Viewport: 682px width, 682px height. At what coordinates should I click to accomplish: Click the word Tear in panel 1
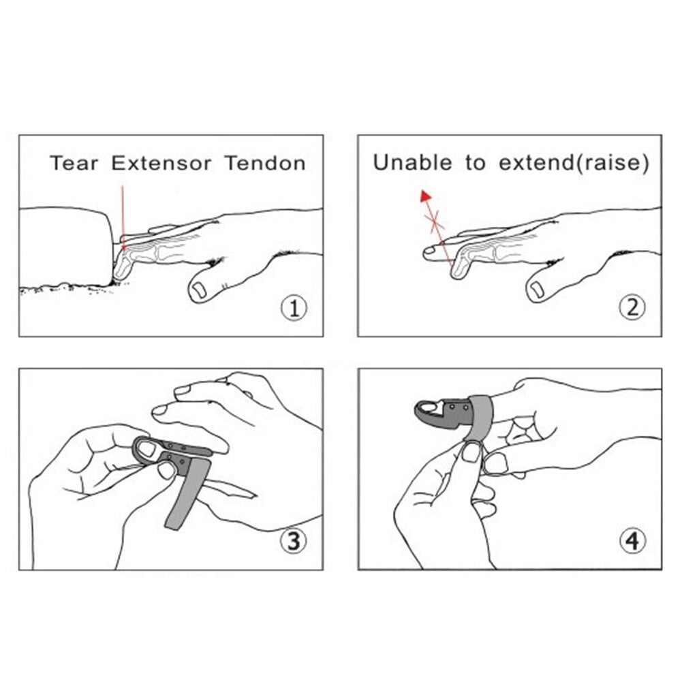pyautogui.click(x=74, y=163)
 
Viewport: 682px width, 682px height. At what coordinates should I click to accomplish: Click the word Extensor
pyautogui.click(x=161, y=163)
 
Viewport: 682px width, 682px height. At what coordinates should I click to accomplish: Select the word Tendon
pyautogui.click(x=265, y=163)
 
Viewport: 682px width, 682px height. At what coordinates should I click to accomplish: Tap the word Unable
pyautogui.click(x=412, y=163)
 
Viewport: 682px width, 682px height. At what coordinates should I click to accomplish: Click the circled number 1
pyautogui.click(x=294, y=309)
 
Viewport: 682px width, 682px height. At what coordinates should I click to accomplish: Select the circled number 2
pyautogui.click(x=632, y=307)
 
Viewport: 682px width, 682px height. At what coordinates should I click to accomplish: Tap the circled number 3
pyautogui.click(x=294, y=541)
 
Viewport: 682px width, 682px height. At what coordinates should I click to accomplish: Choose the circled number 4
pyautogui.click(x=632, y=541)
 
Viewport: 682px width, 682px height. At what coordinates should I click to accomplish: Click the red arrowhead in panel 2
pyautogui.click(x=425, y=197)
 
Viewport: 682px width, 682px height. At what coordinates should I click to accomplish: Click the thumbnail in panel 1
pyautogui.click(x=199, y=290)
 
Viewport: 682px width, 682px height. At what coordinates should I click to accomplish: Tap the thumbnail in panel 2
pyautogui.click(x=537, y=290)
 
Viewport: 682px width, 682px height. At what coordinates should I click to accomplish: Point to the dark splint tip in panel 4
pyautogui.click(x=429, y=412)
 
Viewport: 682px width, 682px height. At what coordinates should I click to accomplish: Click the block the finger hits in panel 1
pyautogui.click(x=65, y=247)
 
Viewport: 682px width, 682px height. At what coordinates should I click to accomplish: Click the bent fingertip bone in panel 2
pyautogui.click(x=461, y=266)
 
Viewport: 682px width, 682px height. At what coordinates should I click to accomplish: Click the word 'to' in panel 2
pyautogui.click(x=475, y=164)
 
